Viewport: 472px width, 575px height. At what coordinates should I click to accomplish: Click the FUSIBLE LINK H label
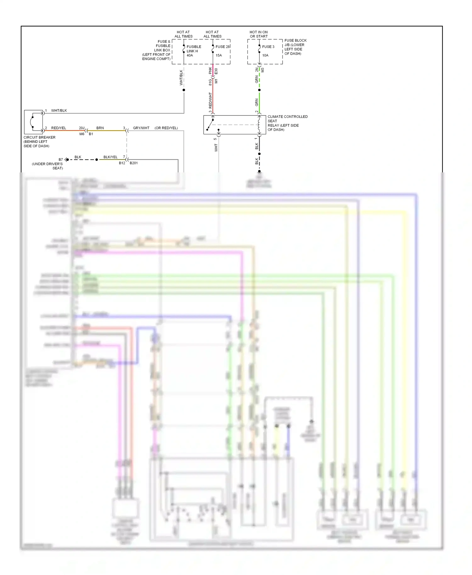click(x=194, y=49)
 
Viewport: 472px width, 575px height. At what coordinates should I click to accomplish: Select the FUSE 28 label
click(x=222, y=47)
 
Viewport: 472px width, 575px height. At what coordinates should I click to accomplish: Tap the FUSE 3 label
click(x=268, y=47)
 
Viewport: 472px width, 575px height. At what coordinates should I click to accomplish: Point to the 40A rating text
click(x=190, y=55)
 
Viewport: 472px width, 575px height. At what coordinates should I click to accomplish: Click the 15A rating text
click(x=219, y=55)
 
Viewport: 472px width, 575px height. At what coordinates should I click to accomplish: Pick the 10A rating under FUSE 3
click(x=265, y=55)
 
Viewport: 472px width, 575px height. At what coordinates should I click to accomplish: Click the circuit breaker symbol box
click(x=33, y=122)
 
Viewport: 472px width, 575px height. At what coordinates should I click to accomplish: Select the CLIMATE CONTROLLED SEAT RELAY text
click(x=287, y=123)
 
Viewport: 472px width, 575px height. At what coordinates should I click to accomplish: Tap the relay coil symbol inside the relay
click(x=259, y=125)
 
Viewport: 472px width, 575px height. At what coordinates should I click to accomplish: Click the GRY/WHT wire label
click(x=141, y=128)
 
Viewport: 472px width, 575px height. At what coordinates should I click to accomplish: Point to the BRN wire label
click(x=100, y=128)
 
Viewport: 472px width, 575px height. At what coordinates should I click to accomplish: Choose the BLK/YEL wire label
click(x=110, y=157)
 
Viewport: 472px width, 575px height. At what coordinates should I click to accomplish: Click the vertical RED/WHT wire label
click(x=211, y=100)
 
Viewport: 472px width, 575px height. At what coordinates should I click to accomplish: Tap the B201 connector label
click(x=133, y=163)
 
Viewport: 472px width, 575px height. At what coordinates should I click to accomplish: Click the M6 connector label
click(x=82, y=134)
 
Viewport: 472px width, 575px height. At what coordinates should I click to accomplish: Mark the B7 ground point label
click(x=61, y=159)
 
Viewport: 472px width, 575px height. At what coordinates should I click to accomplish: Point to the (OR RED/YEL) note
click(x=166, y=128)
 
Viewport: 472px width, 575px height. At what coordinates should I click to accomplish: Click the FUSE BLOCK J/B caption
click(x=295, y=47)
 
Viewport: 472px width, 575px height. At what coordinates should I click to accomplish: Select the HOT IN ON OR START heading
click(x=259, y=34)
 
